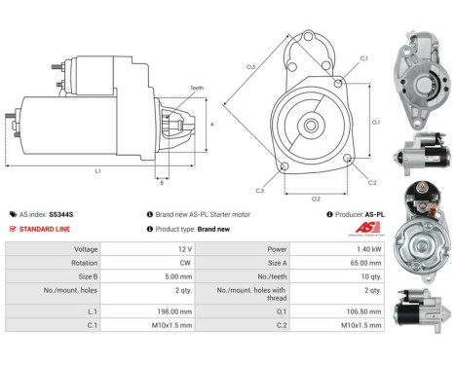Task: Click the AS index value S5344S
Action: (x=61, y=213)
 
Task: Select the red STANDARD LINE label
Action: (x=46, y=229)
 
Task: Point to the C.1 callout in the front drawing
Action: (x=362, y=58)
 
